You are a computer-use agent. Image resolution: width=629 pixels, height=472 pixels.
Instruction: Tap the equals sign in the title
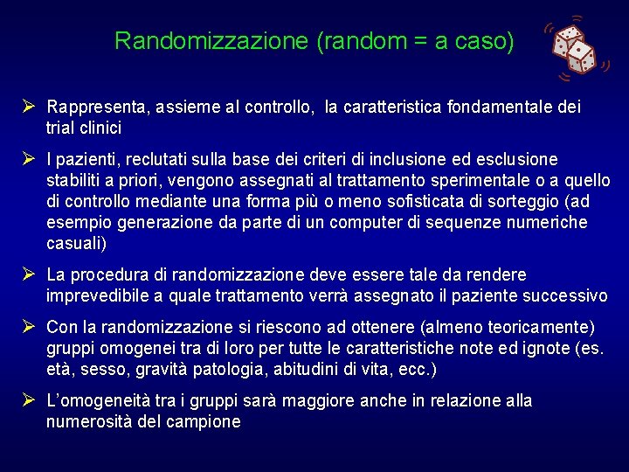(416, 41)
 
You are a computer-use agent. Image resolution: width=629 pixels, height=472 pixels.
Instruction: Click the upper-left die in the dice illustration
(569, 40)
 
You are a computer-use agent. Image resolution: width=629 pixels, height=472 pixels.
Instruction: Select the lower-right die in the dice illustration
(581, 58)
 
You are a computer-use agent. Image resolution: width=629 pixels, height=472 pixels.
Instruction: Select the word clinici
(99, 128)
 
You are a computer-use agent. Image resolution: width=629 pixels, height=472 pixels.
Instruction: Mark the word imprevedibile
(99, 296)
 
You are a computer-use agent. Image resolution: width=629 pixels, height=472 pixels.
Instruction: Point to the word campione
(202, 422)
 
